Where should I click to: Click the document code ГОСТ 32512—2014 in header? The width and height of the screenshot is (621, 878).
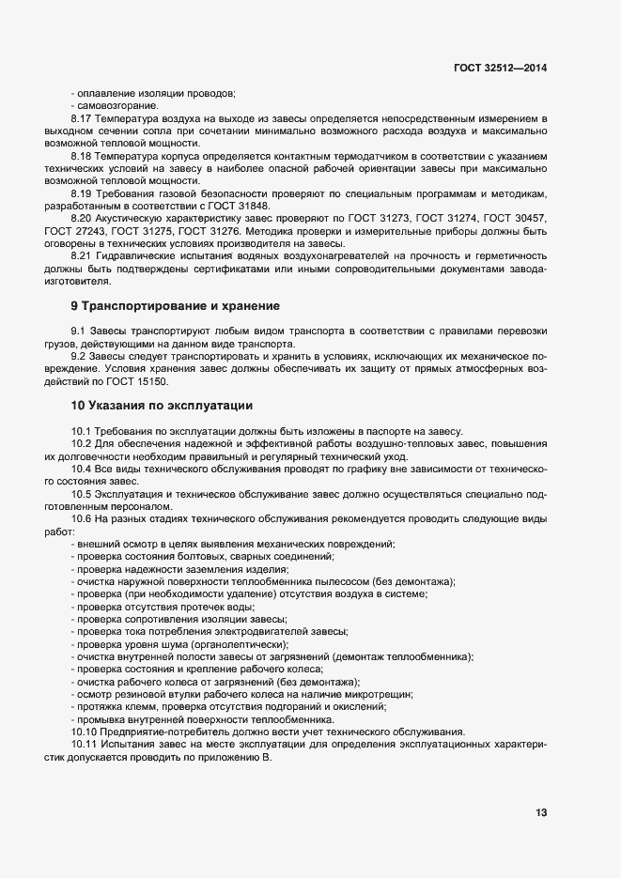point(501,68)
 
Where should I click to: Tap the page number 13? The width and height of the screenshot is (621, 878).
point(541,812)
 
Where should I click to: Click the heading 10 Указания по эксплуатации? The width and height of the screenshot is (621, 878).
point(162,406)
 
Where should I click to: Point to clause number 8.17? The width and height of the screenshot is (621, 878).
point(81,119)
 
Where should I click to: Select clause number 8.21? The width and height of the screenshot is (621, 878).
point(81,255)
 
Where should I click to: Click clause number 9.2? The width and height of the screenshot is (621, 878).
point(78,356)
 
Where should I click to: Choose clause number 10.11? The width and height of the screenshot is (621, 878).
point(84,744)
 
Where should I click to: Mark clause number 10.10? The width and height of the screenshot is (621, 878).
point(84,731)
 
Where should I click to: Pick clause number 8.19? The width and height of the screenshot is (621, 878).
point(81,192)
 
